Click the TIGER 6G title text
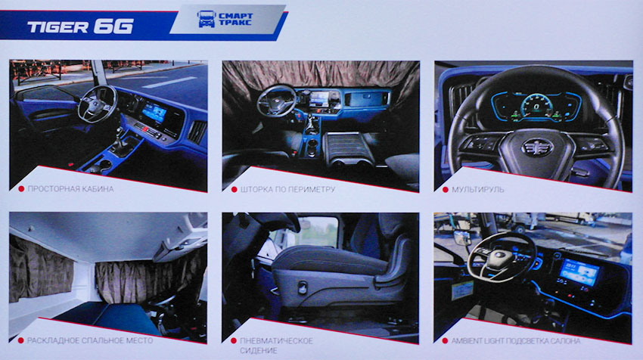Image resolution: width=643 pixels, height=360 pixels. [80, 26]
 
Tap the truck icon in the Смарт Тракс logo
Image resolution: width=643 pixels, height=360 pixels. [206, 19]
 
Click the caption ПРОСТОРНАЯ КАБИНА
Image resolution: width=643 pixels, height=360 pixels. [70, 189]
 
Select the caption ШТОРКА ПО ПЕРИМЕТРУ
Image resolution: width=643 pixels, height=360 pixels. [287, 189]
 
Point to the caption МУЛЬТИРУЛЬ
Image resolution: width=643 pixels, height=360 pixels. [478, 189]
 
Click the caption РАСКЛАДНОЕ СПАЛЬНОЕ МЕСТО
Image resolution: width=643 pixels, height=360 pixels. [90, 340]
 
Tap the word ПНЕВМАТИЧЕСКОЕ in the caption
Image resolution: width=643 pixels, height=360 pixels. [276, 341]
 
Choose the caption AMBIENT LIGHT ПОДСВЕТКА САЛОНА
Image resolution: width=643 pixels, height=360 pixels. [516, 341]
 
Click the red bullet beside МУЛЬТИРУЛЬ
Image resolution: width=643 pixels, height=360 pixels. [445, 189]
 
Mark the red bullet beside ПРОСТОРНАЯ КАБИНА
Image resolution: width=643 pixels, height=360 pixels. [21, 189]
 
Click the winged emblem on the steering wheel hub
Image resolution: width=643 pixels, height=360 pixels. [538, 147]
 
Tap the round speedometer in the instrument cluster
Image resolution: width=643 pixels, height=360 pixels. [536, 107]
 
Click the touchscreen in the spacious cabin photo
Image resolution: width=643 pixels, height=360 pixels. [154, 112]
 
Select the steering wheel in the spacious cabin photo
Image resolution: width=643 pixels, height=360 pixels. [98, 104]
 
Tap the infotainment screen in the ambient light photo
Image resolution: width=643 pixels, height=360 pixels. [579, 272]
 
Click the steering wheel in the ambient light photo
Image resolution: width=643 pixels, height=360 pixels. [502, 257]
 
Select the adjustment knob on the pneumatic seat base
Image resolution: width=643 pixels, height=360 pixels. [303, 287]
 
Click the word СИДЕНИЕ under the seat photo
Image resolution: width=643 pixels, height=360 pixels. [259, 351]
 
